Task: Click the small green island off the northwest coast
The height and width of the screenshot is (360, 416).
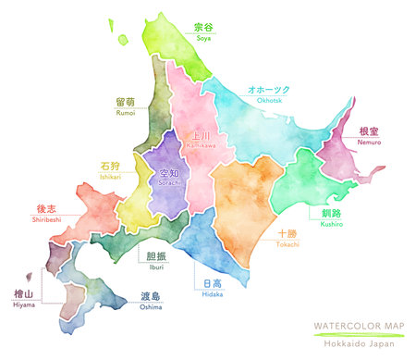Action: click(x=123, y=39)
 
